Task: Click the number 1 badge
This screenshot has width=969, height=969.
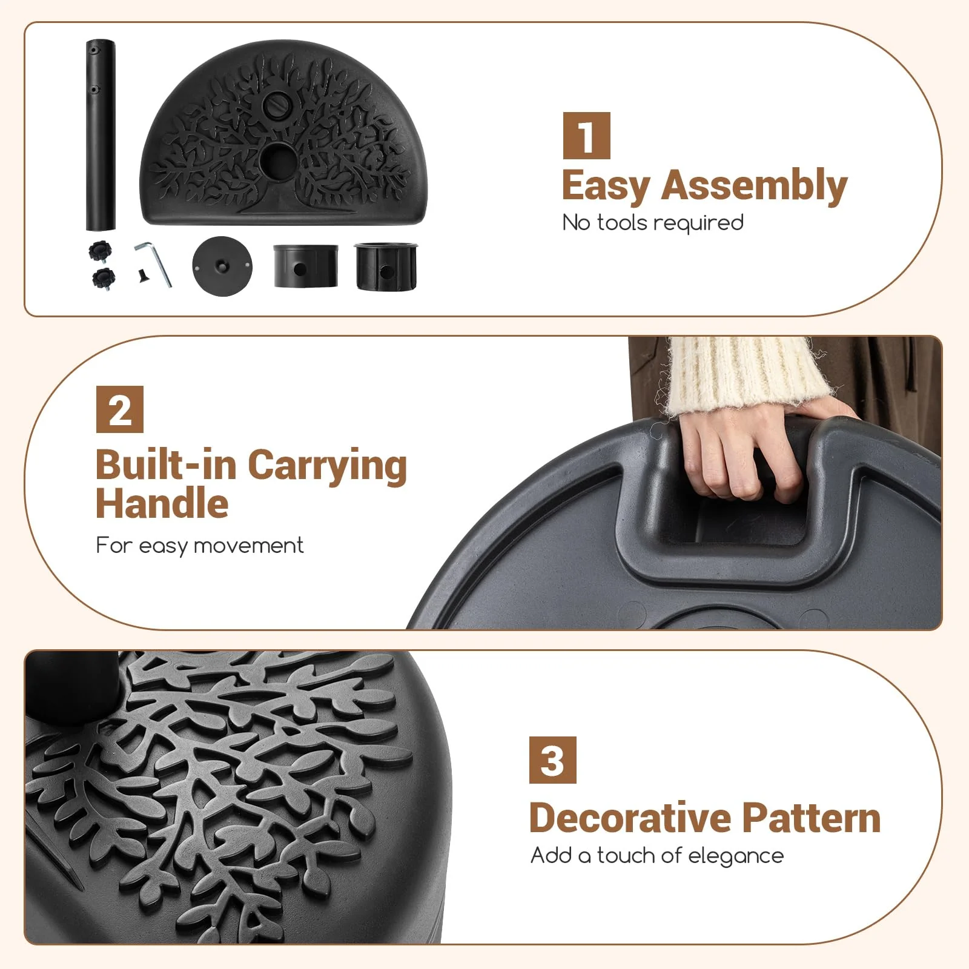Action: tap(586, 136)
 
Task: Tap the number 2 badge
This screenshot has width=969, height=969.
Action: tap(120, 409)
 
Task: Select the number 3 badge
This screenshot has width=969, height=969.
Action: tap(552, 760)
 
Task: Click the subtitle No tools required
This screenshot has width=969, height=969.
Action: tap(653, 223)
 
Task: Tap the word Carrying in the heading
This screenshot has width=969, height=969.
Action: tap(328, 467)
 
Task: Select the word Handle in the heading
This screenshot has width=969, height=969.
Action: tap(162, 504)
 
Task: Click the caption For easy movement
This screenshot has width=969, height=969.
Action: tap(200, 546)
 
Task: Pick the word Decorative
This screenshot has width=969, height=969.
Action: tap(630, 818)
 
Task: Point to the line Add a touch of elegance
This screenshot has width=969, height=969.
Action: tap(657, 856)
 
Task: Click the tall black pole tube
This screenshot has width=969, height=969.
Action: tap(101, 135)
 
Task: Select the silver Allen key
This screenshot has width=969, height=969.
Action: tap(154, 263)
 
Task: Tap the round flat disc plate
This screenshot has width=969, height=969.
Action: tap(222, 266)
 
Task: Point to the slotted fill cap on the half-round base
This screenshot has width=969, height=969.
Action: tap(280, 99)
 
